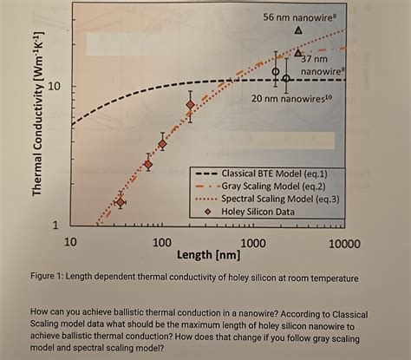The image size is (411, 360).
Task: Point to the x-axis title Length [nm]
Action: tap(209, 256)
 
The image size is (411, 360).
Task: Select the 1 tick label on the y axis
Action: tap(56, 225)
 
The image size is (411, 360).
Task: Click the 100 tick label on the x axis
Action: tap(162, 243)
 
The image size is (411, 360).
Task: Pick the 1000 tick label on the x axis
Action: tap(252, 243)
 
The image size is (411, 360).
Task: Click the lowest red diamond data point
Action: tap(121, 202)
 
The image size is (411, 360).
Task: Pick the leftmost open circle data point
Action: tap(277, 72)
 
